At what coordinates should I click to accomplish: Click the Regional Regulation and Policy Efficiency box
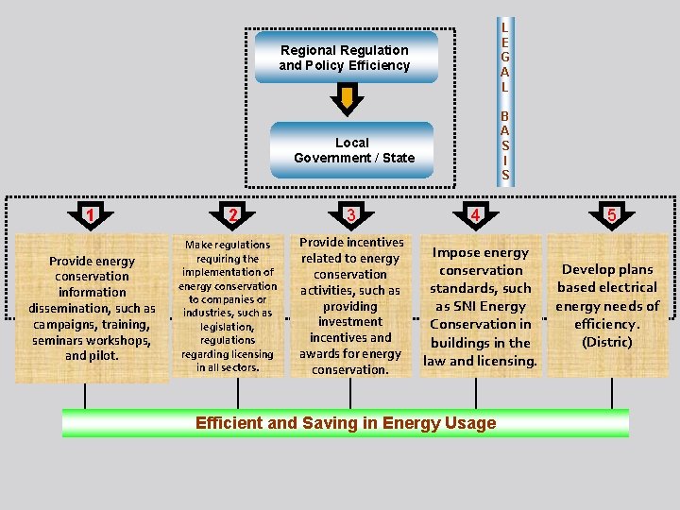coord(345,58)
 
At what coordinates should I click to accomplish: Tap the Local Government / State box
coord(352,149)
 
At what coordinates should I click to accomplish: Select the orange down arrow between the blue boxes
coord(348,98)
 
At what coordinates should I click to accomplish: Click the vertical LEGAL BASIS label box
coord(505,101)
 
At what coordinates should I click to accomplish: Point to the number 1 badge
coord(90,214)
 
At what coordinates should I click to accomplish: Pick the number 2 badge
coord(231,214)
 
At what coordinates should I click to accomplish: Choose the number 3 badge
coord(350,214)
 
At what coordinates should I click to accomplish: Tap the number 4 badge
coord(478,214)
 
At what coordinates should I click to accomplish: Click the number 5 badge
coord(611,214)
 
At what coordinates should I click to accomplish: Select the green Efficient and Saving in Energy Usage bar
coord(346,422)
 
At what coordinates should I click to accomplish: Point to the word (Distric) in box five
coord(607,342)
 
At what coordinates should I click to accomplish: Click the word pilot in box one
coord(103,356)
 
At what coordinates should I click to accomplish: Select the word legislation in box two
coord(228,327)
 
